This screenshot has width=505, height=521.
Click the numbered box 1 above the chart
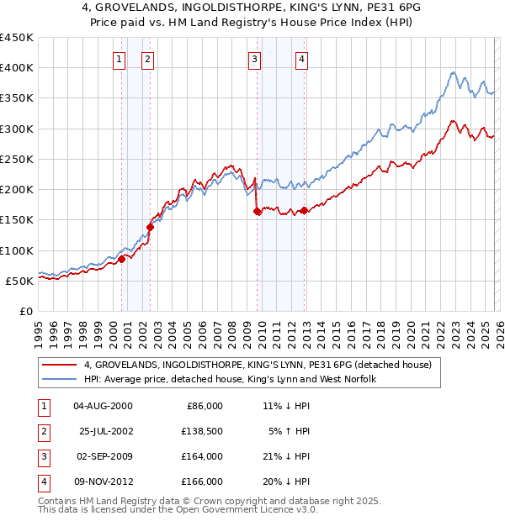pos(120,59)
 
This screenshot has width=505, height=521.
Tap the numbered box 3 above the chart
pos(254,59)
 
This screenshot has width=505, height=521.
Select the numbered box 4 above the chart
pos(301,59)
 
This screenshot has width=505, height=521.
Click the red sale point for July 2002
pos(151,227)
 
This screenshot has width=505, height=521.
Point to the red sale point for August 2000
pos(121,259)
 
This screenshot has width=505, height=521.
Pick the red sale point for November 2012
pos(305,210)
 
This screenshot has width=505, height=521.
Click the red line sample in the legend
pos(59,365)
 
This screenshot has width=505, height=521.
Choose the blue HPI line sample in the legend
pos(59,379)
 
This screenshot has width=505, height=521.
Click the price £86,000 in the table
pos(203,405)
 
